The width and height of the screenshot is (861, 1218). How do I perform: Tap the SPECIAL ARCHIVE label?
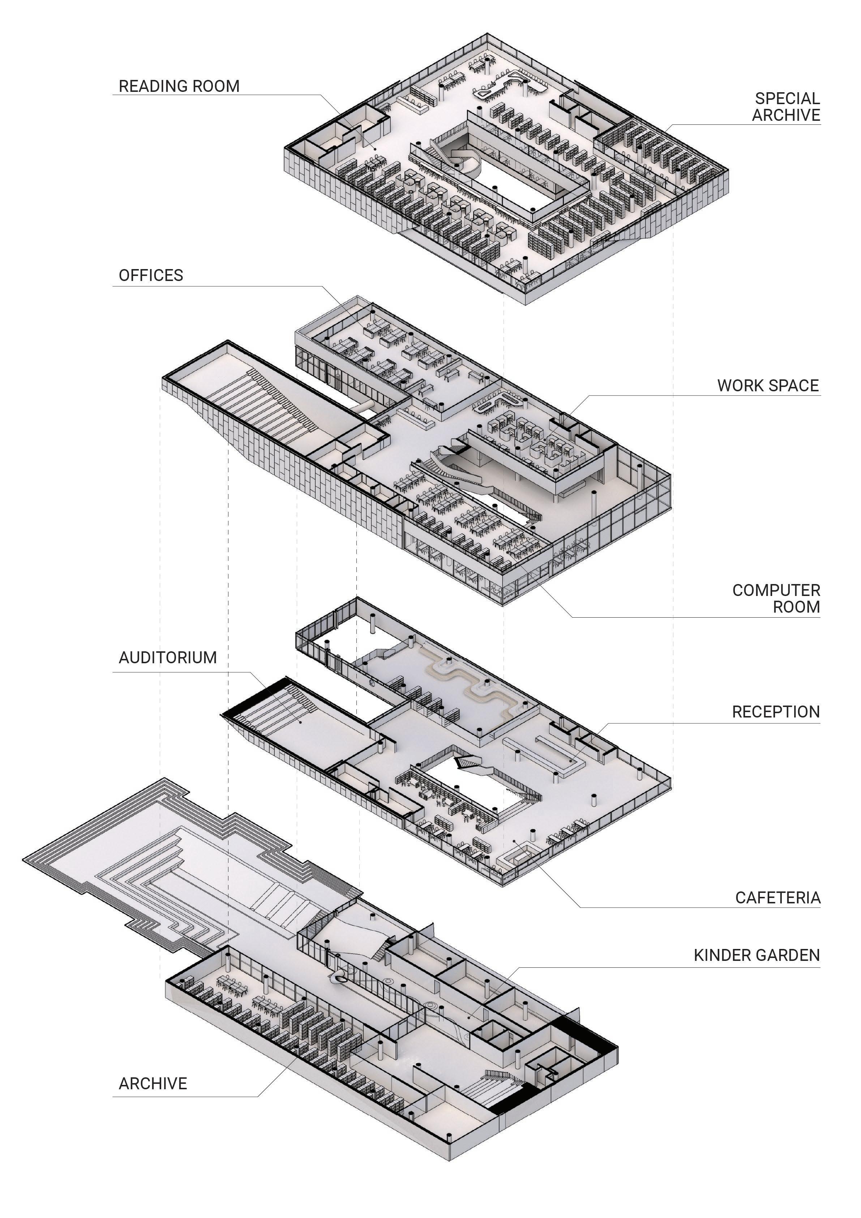(786, 107)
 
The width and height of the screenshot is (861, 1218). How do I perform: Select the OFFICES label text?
(151, 275)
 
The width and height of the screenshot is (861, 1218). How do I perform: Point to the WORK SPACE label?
(768, 386)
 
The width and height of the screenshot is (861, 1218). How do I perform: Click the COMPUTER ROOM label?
(776, 599)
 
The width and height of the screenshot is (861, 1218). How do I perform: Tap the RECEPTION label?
(776, 712)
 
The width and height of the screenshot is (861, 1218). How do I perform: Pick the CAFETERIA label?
(777, 898)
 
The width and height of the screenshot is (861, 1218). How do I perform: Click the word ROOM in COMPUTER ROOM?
(796, 607)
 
